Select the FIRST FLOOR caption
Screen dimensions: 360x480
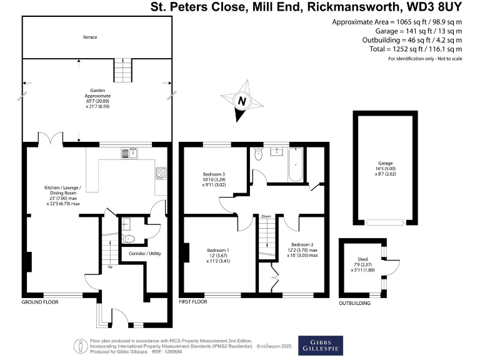pos(193,302)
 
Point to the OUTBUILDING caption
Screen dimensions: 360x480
pos(354,303)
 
